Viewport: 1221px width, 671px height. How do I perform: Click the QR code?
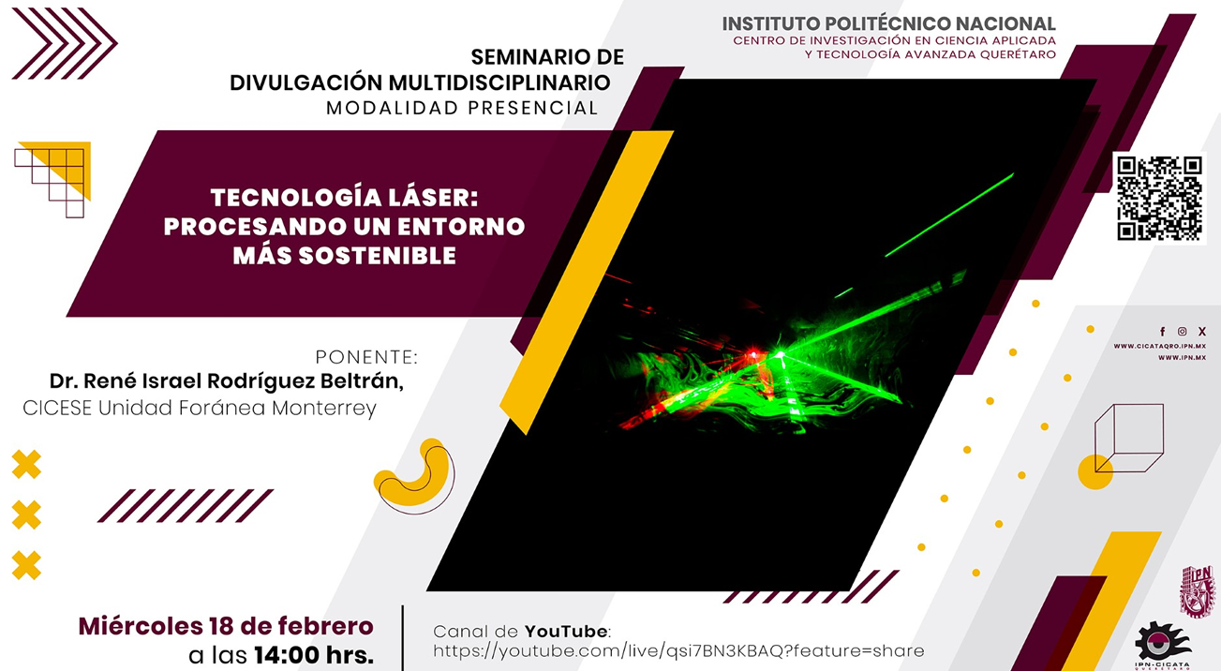(x=1159, y=198)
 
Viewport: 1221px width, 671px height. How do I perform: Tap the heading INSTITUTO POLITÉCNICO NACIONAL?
(x=888, y=23)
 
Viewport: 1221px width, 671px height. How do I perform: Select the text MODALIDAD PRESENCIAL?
(x=462, y=108)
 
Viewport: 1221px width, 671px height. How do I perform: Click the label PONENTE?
(x=365, y=357)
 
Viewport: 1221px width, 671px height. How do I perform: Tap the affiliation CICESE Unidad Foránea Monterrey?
(x=200, y=408)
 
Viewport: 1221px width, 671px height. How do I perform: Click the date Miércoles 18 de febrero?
(x=226, y=626)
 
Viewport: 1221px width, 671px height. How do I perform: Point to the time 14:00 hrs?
(x=313, y=655)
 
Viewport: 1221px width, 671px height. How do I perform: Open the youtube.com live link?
(x=678, y=650)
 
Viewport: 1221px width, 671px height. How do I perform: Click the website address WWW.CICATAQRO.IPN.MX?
(x=1159, y=346)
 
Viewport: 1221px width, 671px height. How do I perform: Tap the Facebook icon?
(x=1163, y=332)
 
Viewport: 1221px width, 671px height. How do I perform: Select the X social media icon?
(x=1202, y=332)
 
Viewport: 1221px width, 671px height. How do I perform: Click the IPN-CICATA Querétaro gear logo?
(x=1163, y=643)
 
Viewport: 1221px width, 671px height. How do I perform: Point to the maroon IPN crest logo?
(x=1199, y=590)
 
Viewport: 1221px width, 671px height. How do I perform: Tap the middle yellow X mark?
(x=26, y=514)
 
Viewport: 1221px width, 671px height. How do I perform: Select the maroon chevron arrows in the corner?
(x=63, y=43)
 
